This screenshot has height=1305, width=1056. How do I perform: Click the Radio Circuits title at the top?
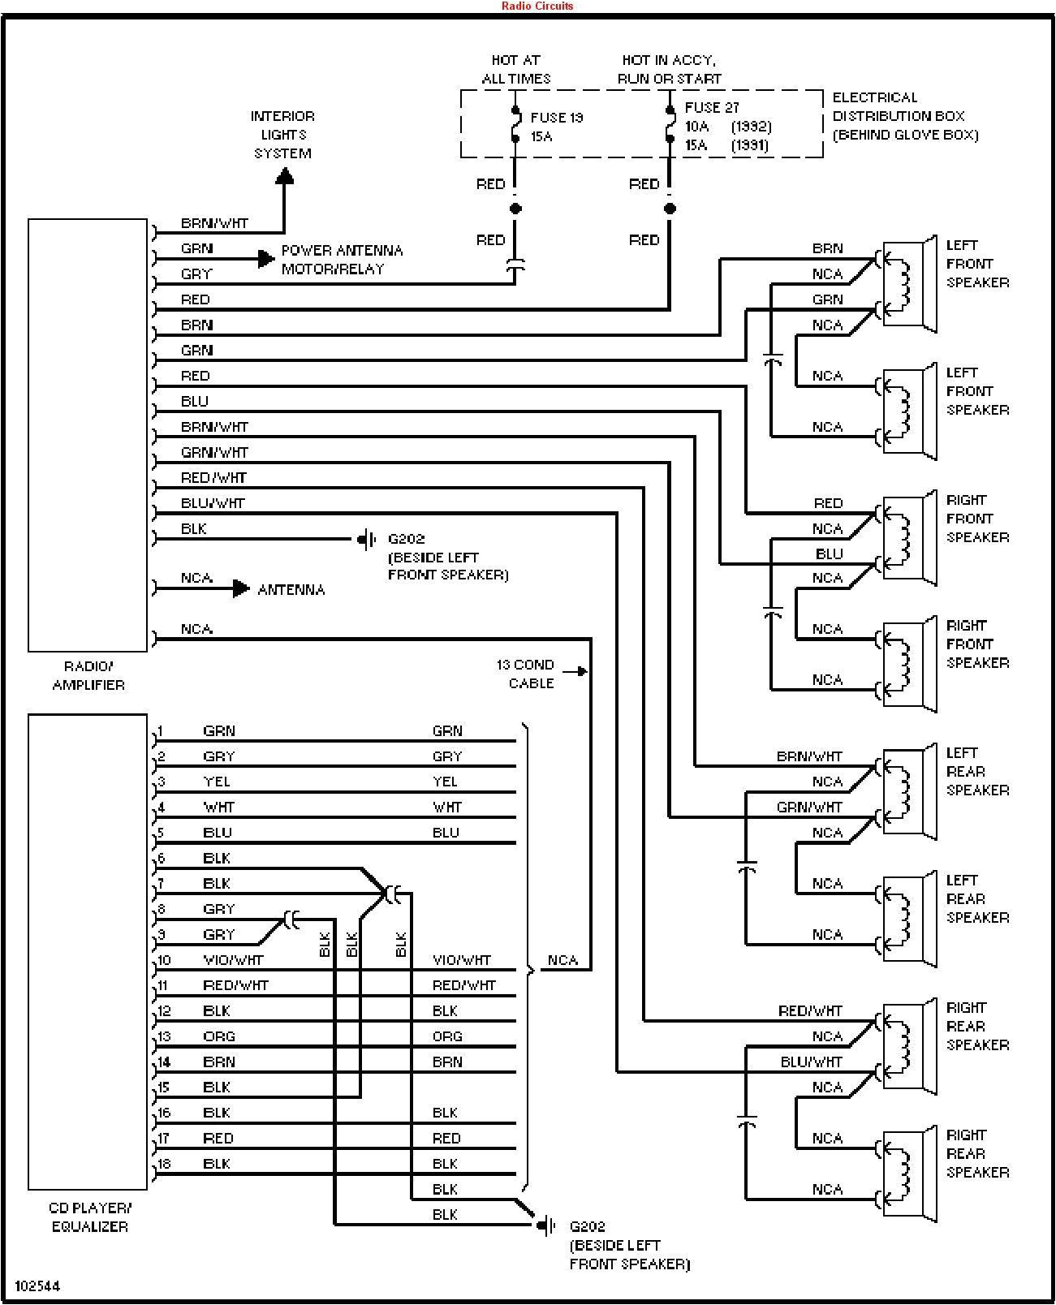[x=537, y=6]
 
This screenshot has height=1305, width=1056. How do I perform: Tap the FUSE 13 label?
[x=557, y=118]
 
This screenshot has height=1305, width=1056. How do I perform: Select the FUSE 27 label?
[x=712, y=107]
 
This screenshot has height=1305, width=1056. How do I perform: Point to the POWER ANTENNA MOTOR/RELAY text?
[x=342, y=260]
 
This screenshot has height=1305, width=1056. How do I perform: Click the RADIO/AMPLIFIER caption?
[x=88, y=675]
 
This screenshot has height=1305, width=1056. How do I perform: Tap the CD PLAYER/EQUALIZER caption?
[x=89, y=1217]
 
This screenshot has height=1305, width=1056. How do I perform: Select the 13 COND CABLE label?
[x=526, y=674]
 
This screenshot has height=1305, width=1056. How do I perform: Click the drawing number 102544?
[x=37, y=1286]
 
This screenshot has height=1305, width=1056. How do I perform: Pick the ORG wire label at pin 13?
[x=219, y=1036]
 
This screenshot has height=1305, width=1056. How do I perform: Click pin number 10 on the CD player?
[x=164, y=960]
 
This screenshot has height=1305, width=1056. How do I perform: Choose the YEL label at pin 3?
[x=217, y=782]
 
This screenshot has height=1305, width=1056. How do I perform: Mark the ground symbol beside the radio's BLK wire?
[x=368, y=539]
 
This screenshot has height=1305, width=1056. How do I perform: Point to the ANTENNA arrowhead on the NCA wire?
[x=241, y=589]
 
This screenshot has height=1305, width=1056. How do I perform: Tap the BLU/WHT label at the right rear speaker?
[x=812, y=1062]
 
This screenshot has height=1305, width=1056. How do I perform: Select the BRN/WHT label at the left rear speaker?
[x=809, y=756]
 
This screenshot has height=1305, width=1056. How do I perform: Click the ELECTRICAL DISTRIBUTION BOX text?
[x=904, y=116]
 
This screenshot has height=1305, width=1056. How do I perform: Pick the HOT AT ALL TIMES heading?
[x=516, y=69]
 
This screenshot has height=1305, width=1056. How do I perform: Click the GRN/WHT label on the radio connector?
[x=214, y=452]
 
